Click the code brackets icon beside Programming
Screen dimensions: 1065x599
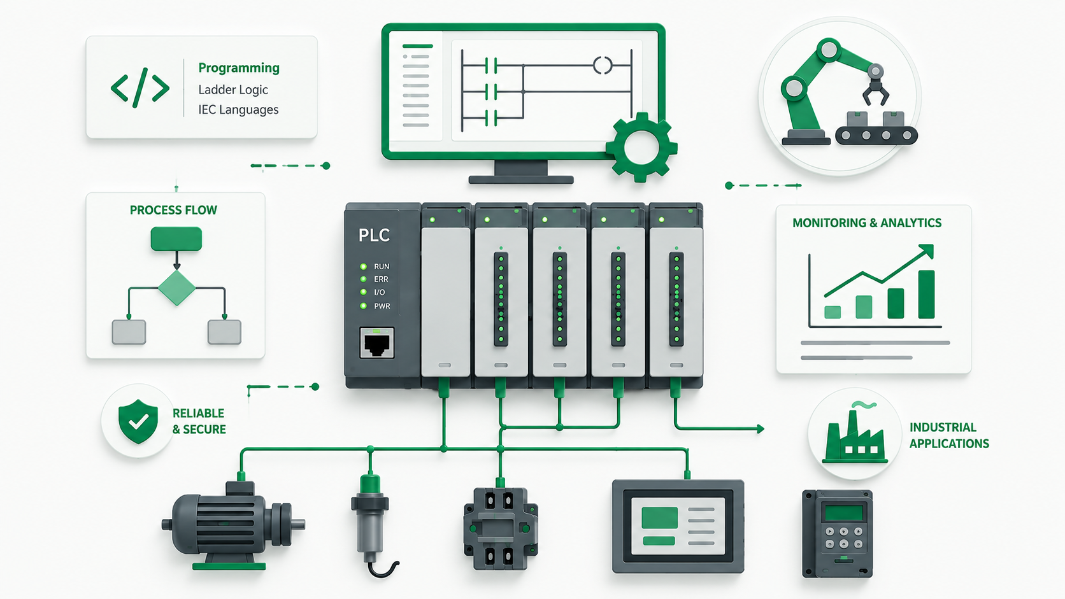139,88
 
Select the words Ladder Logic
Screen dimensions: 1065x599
233,89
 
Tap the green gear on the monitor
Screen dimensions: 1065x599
641,147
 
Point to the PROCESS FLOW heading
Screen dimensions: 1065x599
173,210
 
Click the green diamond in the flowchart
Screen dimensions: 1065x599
176,288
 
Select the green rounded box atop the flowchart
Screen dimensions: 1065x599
176,239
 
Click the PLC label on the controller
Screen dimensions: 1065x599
374,235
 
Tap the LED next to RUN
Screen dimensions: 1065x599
363,267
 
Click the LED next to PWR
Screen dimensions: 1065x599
363,306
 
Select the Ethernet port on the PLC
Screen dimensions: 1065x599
376,342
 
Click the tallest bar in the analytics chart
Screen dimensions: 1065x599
926,295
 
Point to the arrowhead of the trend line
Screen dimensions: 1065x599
927,251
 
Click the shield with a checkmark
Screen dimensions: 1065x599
138,421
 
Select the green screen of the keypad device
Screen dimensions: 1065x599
844,514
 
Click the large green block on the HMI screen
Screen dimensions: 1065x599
659,518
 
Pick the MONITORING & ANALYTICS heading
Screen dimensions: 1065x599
867,223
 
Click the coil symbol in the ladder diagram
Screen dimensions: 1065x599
603,65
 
